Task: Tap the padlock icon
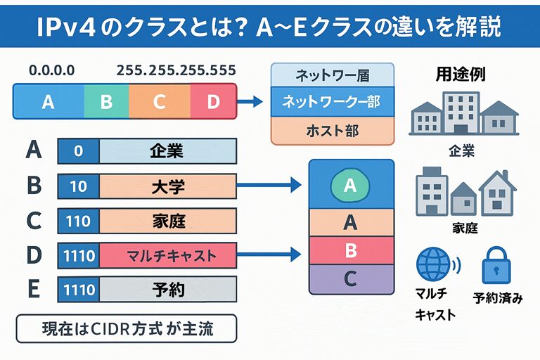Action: coord(497,264)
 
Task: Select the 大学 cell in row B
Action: coord(167,186)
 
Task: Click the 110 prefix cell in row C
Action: coord(79,221)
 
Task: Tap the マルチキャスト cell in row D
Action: coord(167,255)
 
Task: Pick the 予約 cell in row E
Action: coord(167,289)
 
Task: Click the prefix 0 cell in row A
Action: coord(79,151)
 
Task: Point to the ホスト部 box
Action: coord(333,130)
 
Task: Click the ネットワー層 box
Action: coord(333,74)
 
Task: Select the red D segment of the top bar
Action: coord(214,103)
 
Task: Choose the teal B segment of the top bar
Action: coord(106,103)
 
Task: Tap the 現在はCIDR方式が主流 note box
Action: coord(126,328)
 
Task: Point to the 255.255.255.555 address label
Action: coord(176,70)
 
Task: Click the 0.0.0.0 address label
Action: coord(51,70)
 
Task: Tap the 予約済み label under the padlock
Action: coord(498,297)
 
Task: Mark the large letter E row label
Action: coord(33,289)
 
